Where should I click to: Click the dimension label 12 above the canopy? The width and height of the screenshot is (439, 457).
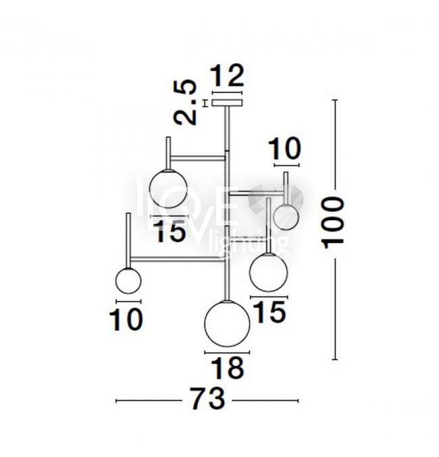tap(228, 76)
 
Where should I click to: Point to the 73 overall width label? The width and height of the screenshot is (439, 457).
tap(208, 399)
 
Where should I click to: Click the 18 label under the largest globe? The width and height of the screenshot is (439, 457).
tap(227, 368)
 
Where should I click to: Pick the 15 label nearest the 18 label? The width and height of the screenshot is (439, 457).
tap(269, 312)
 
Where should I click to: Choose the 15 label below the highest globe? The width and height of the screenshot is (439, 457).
tap(170, 231)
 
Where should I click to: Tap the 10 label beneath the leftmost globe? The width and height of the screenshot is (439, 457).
tap(126, 319)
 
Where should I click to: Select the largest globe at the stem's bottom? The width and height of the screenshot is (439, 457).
tap(227, 323)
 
